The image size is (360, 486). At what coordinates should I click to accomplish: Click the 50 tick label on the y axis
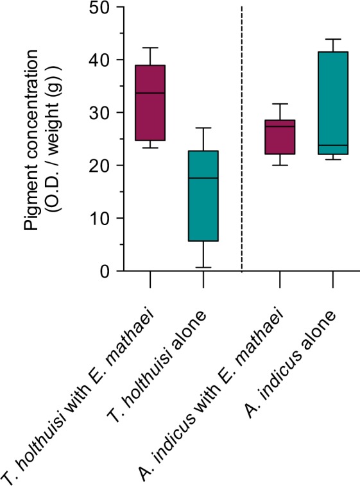click(98, 8)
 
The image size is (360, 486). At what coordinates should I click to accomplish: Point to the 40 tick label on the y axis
click(98, 60)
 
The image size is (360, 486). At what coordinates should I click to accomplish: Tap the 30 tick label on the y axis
click(98, 113)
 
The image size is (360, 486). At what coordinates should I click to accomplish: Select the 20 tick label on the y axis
click(98, 165)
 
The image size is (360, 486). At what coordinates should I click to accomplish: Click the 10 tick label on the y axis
click(98, 219)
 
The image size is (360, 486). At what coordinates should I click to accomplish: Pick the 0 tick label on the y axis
click(103, 271)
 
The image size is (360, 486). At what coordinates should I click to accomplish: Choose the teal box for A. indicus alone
click(333, 103)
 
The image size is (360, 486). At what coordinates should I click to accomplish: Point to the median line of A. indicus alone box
click(333, 146)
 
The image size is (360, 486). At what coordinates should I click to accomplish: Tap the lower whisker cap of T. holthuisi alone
click(203, 267)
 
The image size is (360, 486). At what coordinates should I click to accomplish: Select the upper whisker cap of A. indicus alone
click(333, 39)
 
